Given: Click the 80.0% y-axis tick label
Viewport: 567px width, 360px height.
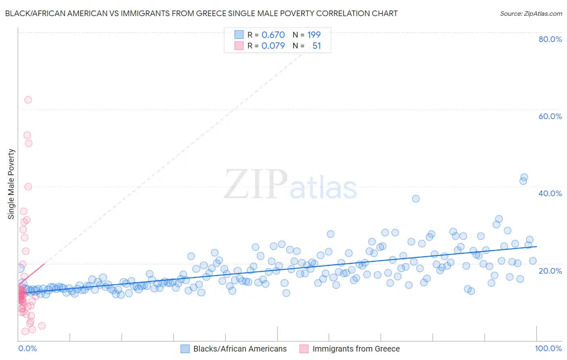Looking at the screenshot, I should pos(550,39).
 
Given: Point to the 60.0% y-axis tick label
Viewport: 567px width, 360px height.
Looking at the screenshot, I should pos(550,116).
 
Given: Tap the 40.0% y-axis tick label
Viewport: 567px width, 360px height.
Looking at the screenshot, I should pos(550,193).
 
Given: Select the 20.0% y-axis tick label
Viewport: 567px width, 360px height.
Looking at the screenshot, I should pos(550,270).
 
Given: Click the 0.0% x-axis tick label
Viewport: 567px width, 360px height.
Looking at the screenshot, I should pos(27,348).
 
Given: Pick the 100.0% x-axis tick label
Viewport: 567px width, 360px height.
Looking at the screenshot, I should pos(548,348).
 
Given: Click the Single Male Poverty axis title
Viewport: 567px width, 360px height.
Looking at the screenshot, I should pos(11,184).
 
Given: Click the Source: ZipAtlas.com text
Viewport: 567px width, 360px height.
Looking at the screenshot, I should pos(531,13).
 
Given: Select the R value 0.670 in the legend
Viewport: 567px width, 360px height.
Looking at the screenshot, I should pos(273,35).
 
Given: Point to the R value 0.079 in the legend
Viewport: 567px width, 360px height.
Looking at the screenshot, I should pos(273,46).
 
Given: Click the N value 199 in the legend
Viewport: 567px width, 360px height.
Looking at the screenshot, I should pos(314,35).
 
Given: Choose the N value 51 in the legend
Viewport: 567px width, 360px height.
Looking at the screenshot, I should pos(317,46).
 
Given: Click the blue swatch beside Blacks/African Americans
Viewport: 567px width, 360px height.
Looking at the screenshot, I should pos(185,349).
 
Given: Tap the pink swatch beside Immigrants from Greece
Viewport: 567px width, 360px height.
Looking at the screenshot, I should pos(304,349).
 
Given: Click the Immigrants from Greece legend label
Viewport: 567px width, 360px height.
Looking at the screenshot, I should pos(356,349).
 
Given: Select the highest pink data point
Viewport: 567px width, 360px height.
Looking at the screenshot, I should pos(28,100).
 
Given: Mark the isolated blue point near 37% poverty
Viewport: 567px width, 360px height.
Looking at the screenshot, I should pos(416,199).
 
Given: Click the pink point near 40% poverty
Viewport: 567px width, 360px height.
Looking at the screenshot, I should pos(28,186).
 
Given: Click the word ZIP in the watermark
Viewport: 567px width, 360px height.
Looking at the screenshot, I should pos(256,185).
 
